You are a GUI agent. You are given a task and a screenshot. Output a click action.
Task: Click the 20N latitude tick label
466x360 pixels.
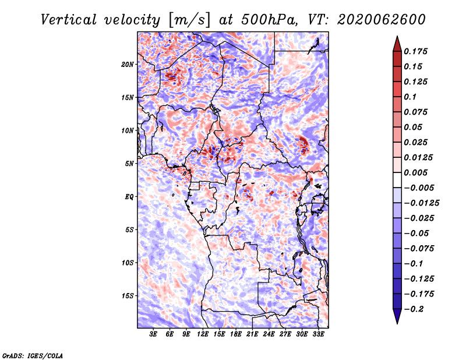pyautogui.click(x=128, y=65)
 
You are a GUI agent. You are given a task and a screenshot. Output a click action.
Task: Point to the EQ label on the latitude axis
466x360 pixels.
pyautogui.click(x=129, y=197)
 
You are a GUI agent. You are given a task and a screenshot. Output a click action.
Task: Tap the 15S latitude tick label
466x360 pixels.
pyautogui.click(x=128, y=296)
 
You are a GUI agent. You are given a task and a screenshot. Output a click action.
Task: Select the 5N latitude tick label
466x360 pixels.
pyautogui.click(x=129, y=164)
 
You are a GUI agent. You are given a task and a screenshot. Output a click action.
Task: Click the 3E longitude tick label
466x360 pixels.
pyautogui.click(x=153, y=334)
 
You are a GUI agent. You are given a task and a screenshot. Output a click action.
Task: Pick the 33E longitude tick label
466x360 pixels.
pyautogui.click(x=318, y=334)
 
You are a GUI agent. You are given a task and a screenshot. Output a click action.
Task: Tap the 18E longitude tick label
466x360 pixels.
pyautogui.click(x=236, y=334)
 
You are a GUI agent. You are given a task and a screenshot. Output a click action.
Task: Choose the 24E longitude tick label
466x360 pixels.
pyautogui.click(x=269, y=334)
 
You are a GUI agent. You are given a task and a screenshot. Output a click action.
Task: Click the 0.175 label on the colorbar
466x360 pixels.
pyautogui.click(x=415, y=51)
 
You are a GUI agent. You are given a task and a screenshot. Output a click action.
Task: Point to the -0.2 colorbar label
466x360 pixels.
pyautogui.click(x=414, y=309)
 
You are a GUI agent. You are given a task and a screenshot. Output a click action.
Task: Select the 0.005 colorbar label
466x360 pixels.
pyautogui.click(x=415, y=172)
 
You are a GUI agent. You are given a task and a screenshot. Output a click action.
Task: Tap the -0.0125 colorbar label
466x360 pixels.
pyautogui.click(x=421, y=203)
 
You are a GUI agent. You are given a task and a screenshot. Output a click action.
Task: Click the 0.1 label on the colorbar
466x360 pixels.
pyautogui.click(x=410, y=97)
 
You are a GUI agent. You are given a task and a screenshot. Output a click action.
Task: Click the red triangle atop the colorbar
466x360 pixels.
pyautogui.click(x=397, y=44)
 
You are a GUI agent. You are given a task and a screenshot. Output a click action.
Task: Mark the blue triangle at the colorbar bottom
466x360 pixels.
pyautogui.click(x=397, y=316)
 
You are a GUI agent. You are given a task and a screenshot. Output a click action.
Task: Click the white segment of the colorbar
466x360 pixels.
pyautogui.click(x=397, y=180)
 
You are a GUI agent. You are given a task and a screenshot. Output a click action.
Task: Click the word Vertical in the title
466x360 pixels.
pyautogui.click(x=68, y=20)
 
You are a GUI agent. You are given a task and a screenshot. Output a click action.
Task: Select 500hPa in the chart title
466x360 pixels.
pyautogui.click(x=269, y=20)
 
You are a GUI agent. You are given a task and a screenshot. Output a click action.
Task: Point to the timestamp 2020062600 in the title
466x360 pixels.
pyautogui.click(x=382, y=20)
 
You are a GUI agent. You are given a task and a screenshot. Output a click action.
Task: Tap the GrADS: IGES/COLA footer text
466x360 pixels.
pyautogui.click(x=33, y=355)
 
